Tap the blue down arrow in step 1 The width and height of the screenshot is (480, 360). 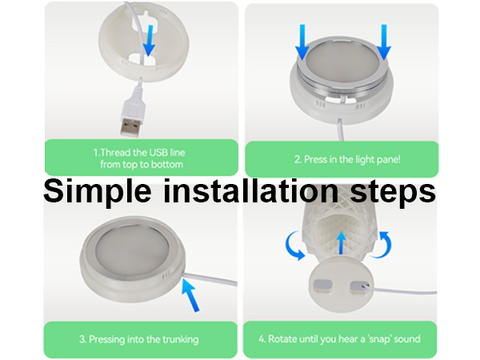click(x=150, y=41)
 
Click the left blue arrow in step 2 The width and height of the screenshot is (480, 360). click(x=302, y=42)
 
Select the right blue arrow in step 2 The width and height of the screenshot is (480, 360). click(x=384, y=42)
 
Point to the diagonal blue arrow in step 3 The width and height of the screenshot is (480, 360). click(x=190, y=295)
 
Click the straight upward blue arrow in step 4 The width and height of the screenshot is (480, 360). click(x=341, y=242)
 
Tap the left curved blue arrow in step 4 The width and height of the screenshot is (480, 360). click(x=294, y=246)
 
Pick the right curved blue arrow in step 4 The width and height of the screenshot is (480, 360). click(x=382, y=244)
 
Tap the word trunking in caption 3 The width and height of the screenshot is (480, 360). click(x=180, y=339)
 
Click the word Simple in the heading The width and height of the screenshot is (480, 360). click(x=98, y=191)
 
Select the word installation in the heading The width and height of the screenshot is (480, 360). click(x=251, y=190)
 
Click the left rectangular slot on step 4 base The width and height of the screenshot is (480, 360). click(x=322, y=285)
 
